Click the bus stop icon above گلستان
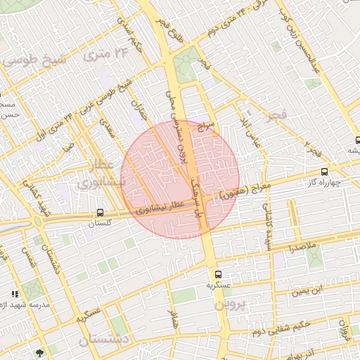coord(101,212)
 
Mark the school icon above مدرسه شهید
coord(15,293)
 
